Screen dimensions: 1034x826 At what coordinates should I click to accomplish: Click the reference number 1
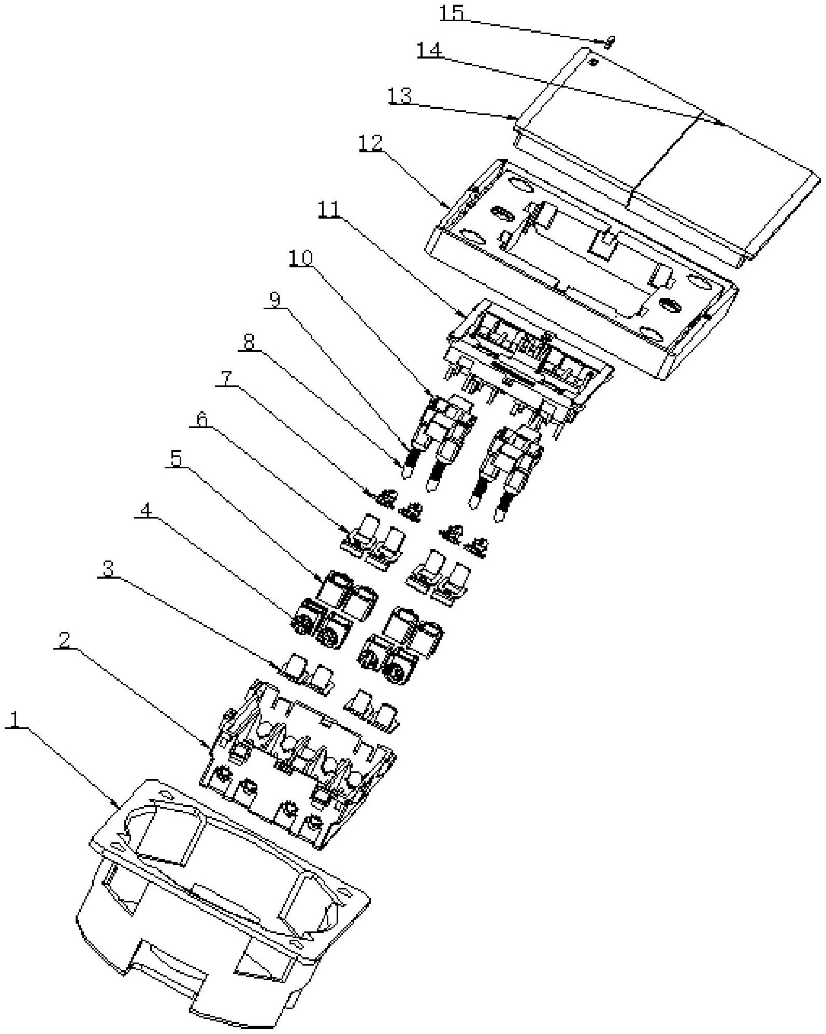(16, 719)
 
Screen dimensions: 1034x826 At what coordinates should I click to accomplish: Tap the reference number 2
(64, 641)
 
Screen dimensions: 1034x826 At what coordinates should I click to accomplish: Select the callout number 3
(107, 569)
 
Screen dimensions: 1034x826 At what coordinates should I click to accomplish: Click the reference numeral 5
(177, 458)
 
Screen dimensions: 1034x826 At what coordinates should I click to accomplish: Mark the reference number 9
(274, 300)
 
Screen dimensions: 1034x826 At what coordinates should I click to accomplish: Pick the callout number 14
(429, 50)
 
